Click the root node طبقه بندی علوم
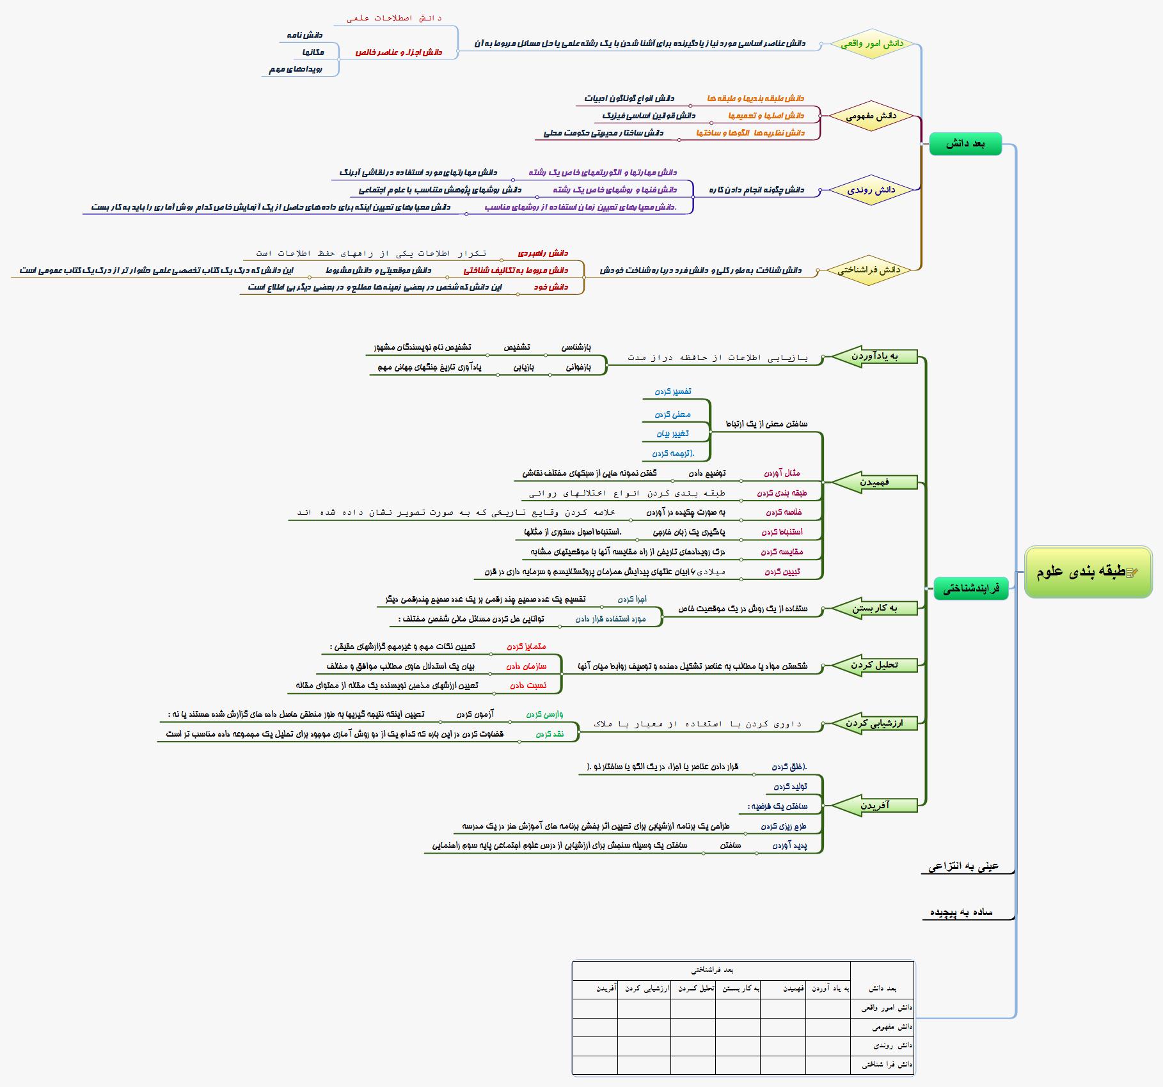pos(1088,572)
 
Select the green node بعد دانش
pos(965,144)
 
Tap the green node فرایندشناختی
pos(970,588)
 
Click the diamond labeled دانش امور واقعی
pos(872,43)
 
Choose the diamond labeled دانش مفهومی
pos(871,116)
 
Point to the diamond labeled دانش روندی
pos(871,190)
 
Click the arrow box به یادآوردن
pos(874,356)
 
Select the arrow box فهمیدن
pos(874,482)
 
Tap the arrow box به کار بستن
pos(874,608)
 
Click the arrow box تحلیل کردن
pos(874,665)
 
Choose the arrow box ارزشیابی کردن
pos(874,723)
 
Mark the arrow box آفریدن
pos(874,806)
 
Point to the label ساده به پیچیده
pos(961,912)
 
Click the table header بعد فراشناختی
pos(711,970)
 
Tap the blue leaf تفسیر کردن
pos(673,391)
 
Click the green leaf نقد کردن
pos(550,734)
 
